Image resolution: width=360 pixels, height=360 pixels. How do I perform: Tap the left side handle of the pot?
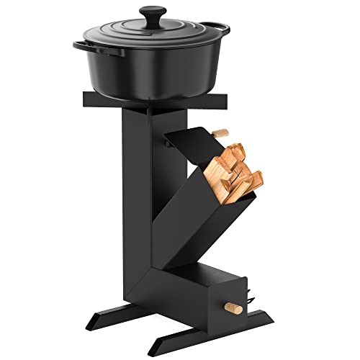81,45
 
